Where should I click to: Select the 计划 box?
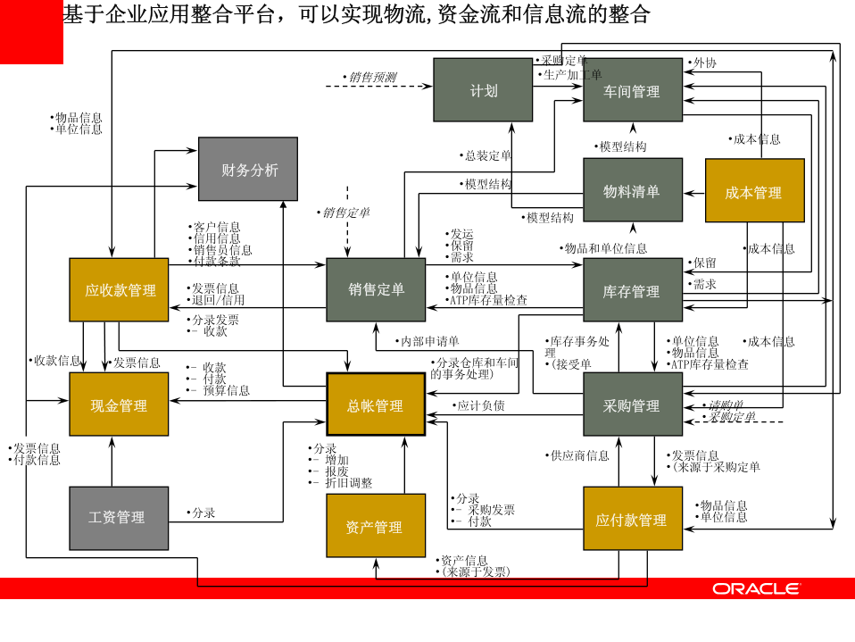coord(483,89)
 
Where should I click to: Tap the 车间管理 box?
coord(632,90)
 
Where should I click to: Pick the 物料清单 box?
coord(632,190)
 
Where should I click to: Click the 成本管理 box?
coord(754,190)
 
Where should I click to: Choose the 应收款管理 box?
coord(119,289)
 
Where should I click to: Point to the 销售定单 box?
coord(376,289)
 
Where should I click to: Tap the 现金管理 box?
coord(119,404)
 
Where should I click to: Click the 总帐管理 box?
coord(376,404)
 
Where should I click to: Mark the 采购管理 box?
coord(632,404)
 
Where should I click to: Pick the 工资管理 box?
coord(119,518)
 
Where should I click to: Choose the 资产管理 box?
coord(376,526)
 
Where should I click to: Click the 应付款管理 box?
coord(632,519)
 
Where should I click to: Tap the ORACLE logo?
coord(755,588)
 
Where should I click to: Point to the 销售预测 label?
coord(372,78)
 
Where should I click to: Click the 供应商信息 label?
coord(578,455)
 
